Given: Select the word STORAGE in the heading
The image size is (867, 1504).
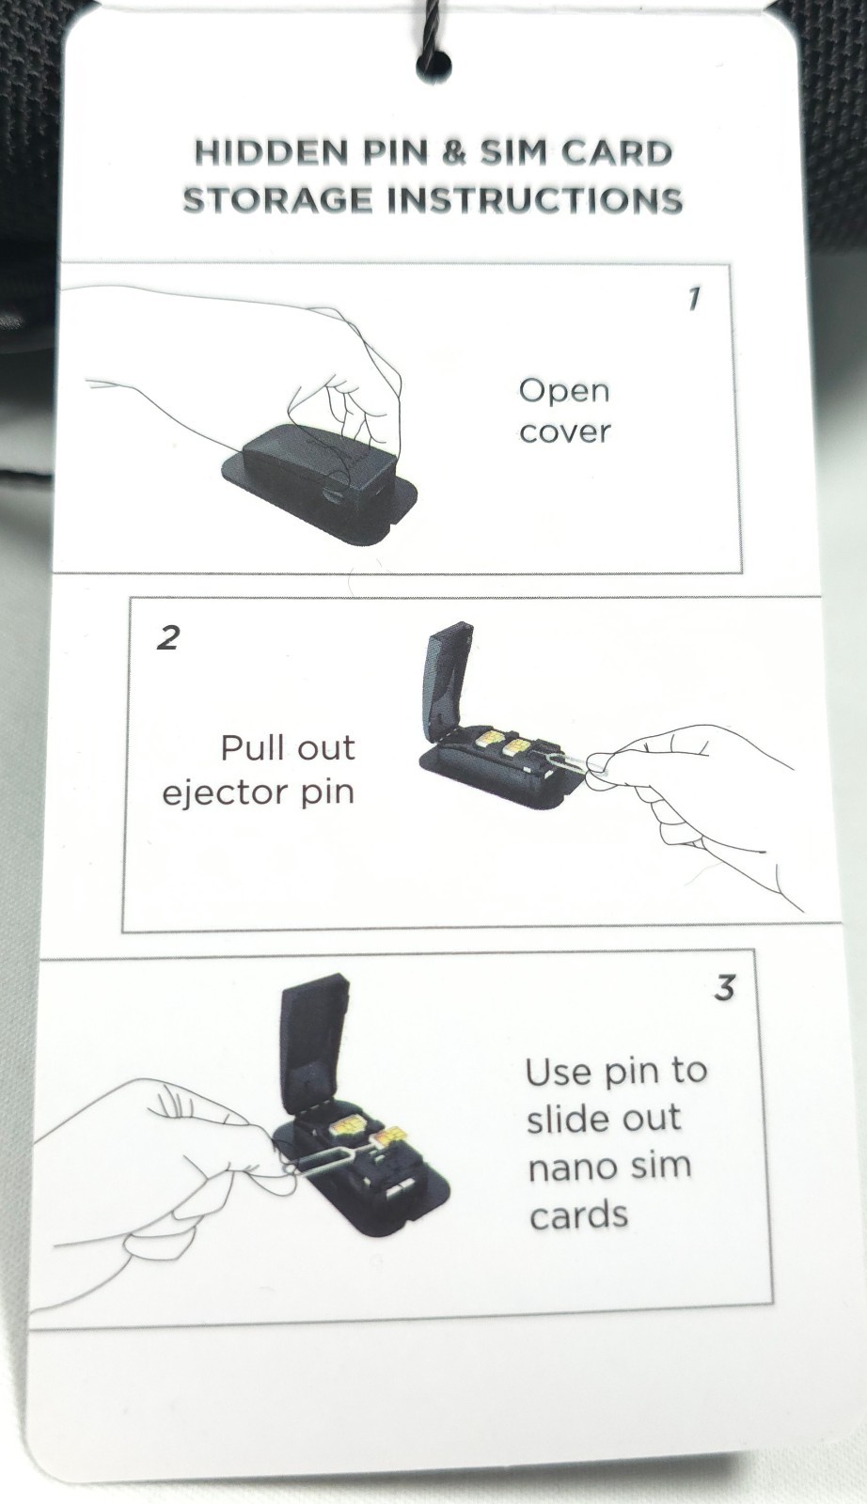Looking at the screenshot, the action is pyautogui.click(x=276, y=200).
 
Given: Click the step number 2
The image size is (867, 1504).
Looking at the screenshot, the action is pyautogui.click(x=168, y=637).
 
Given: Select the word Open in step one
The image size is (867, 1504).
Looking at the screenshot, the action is pyautogui.click(x=564, y=391).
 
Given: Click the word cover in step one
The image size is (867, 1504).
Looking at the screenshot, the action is pyautogui.click(x=565, y=431).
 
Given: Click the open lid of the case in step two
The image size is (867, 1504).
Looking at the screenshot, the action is pyautogui.click(x=447, y=678).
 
